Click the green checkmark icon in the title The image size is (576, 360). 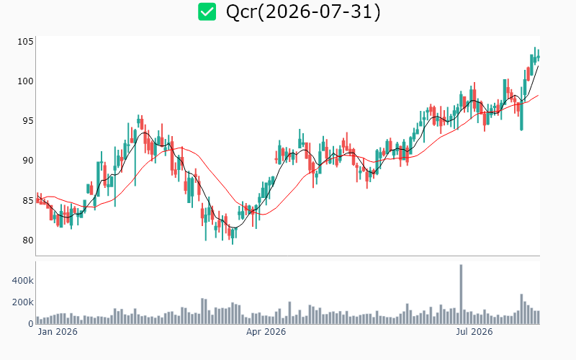tap(207, 12)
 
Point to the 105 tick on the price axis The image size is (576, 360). tap(25, 42)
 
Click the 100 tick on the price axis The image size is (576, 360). tap(25, 81)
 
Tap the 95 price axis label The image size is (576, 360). tap(28, 121)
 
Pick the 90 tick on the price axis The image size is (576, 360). tap(28, 161)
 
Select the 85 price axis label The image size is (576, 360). tap(28, 201)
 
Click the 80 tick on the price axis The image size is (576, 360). tap(28, 240)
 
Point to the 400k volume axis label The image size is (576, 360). tap(23, 281)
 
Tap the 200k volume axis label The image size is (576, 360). tap(23, 302)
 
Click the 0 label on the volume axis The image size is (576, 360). tap(31, 323)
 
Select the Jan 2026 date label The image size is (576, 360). tap(58, 332)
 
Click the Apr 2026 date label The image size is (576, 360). tap(266, 332)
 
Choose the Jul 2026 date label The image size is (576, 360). tap(474, 332)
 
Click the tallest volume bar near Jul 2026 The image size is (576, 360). tap(461, 294)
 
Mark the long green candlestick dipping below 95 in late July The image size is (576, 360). tap(521, 109)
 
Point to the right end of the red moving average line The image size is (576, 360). tap(539, 95)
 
